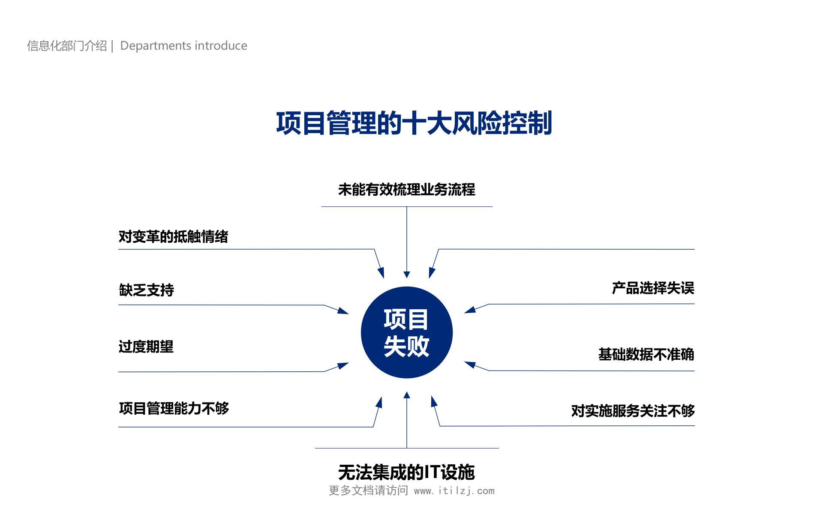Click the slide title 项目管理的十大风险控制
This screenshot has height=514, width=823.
click(414, 123)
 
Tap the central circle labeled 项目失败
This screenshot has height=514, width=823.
click(407, 332)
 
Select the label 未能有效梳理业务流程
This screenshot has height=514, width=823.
click(406, 189)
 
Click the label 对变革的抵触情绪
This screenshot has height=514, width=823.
click(173, 236)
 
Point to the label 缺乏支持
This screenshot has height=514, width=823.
click(146, 290)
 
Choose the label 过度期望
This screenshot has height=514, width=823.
click(146, 347)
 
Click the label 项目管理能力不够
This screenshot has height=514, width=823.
click(174, 408)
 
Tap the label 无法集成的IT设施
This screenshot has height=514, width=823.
click(406, 472)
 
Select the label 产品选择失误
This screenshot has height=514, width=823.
click(653, 288)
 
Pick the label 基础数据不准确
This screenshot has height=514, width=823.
click(646, 354)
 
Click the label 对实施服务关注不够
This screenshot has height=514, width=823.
click(633, 411)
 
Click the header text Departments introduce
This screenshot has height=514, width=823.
click(183, 45)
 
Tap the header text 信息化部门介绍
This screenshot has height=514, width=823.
click(67, 45)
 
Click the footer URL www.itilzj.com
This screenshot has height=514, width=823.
click(454, 491)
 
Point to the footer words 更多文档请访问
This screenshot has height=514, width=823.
click(368, 490)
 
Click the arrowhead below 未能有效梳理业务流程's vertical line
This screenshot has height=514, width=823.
click(407, 275)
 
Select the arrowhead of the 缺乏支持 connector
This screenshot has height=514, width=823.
click(343, 311)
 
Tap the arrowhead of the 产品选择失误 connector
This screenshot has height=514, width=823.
click(470, 310)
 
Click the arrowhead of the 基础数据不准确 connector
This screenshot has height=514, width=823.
click(470, 365)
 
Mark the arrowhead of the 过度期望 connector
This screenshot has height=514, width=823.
click(343, 365)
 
